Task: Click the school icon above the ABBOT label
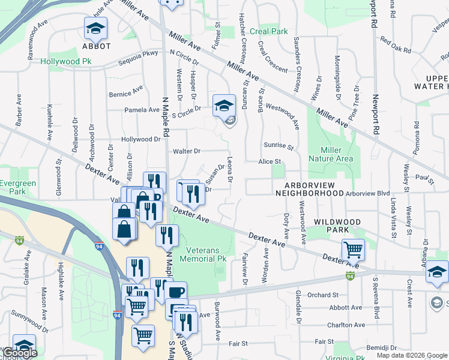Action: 96,29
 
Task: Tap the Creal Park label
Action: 269,31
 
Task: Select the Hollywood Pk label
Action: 65,61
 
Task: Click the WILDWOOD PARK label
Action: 337,226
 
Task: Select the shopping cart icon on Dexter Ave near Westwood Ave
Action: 353,249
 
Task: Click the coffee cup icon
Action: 175,293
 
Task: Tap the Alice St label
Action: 270,162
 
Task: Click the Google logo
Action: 20,353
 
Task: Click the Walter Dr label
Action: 186,151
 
